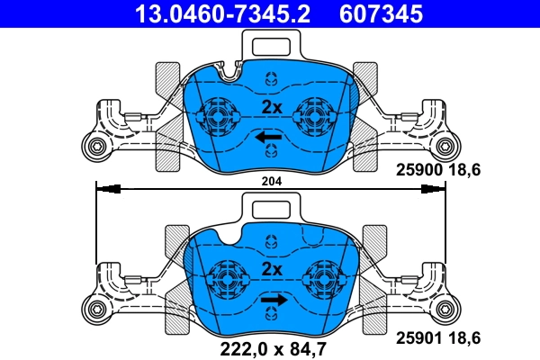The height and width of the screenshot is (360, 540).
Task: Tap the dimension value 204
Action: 271,181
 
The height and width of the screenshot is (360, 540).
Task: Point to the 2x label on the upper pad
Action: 272,107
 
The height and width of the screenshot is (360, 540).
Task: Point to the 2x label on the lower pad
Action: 272,270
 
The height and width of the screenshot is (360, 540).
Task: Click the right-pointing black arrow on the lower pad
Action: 275,301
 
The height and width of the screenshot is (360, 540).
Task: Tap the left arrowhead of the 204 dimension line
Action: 108,189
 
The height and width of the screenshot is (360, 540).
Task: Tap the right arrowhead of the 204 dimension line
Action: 435,189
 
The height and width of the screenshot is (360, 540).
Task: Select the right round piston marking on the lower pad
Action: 321,278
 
